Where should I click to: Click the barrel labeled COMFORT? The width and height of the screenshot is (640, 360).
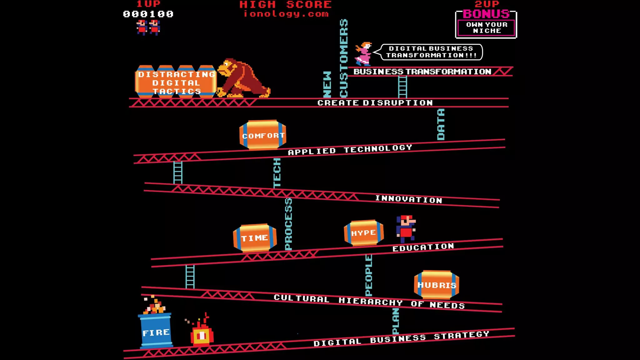[x=263, y=135]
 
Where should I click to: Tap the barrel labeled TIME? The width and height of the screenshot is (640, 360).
[x=255, y=238]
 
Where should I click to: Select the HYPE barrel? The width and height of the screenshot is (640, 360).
[x=364, y=233]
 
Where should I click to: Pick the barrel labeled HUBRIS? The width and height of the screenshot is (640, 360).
[x=437, y=285]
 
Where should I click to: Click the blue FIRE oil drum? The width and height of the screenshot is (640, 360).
[x=156, y=331]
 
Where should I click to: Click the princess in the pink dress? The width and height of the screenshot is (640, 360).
[x=363, y=54]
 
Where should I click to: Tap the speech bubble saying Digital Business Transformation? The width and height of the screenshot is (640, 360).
[x=431, y=52]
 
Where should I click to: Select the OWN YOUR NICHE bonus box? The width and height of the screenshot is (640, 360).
[x=486, y=27]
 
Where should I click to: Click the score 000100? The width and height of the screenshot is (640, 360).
[x=148, y=14]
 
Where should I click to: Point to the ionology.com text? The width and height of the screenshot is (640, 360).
[x=286, y=14]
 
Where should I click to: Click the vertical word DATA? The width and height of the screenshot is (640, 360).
[x=441, y=124]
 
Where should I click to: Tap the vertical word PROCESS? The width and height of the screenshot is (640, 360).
[x=288, y=224]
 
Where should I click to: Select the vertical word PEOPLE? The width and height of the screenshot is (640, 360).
[x=369, y=275]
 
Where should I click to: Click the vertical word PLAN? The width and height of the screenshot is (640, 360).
[x=396, y=321]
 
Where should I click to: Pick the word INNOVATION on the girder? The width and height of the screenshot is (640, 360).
[x=409, y=199]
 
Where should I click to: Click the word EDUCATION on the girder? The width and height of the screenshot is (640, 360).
[x=423, y=247]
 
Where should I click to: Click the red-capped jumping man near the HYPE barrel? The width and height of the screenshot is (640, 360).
[x=406, y=228]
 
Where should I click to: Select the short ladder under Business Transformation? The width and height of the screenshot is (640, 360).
[x=402, y=87]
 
